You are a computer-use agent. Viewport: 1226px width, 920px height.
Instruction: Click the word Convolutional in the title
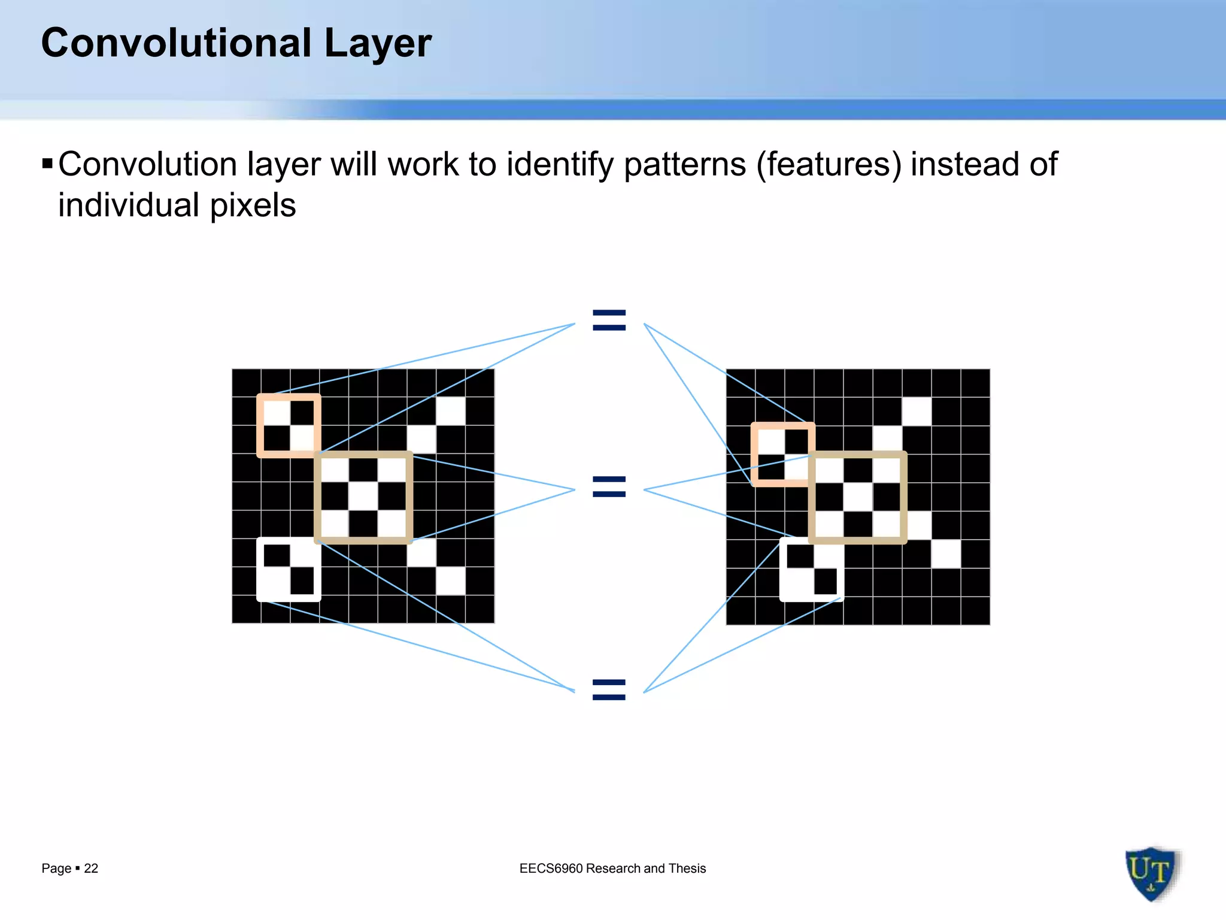pos(177,43)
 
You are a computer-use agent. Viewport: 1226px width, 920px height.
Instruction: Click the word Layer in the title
pos(377,43)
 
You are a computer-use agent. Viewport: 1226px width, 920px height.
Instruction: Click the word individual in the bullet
pos(129,205)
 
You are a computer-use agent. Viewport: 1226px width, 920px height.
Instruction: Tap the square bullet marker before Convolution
pos(48,163)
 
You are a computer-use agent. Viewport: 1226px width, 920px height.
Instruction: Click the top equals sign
pos(609,320)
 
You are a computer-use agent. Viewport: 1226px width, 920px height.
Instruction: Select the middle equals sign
pos(609,486)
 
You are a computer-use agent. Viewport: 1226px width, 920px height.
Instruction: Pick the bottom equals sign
pos(609,690)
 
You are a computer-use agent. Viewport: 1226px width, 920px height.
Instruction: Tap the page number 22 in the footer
pos(91,868)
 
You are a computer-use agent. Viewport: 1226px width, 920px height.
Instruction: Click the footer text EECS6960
pos(551,868)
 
